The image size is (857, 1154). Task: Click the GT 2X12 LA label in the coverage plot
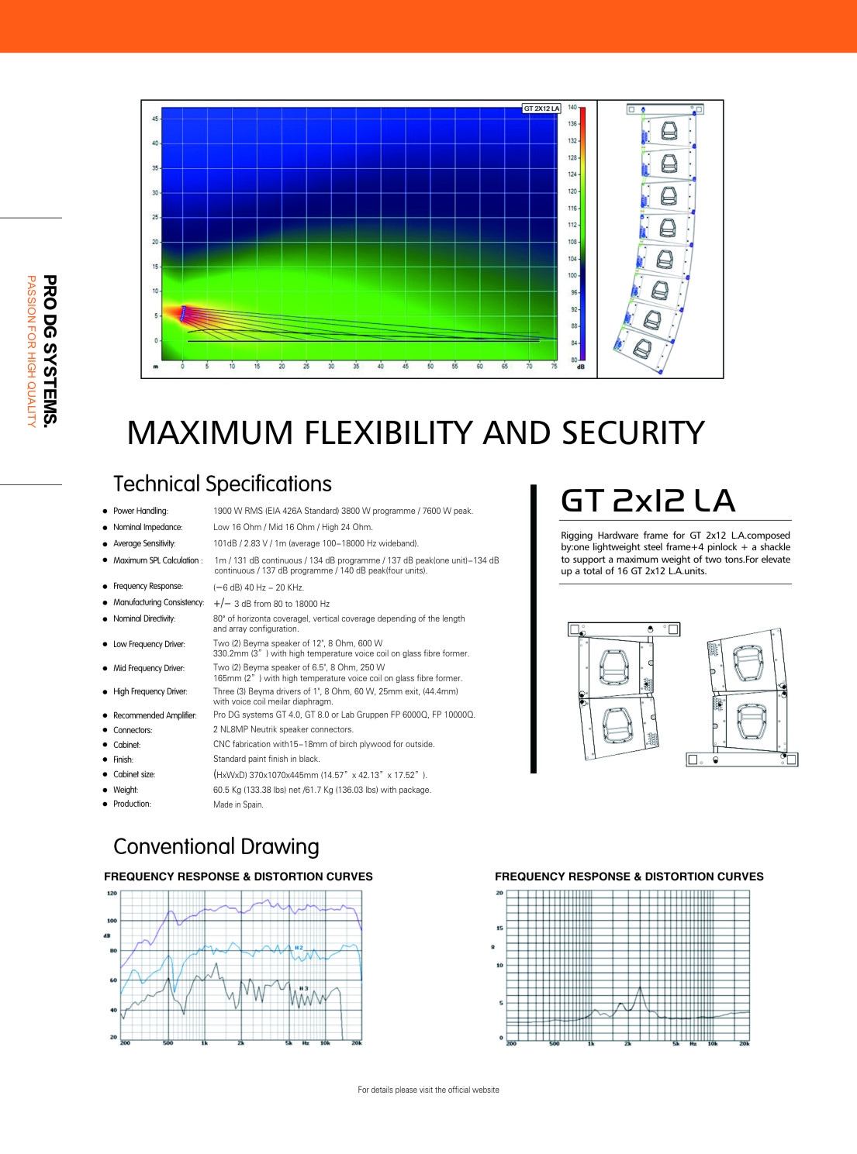[541, 109]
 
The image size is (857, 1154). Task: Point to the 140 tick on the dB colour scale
[572, 108]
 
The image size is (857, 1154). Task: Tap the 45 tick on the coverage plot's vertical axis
[155, 119]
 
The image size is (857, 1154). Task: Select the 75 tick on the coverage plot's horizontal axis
[554, 367]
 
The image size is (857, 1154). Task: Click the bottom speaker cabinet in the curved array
[642, 349]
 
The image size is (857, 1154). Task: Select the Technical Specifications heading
[222, 484]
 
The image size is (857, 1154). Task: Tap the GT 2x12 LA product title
[648, 501]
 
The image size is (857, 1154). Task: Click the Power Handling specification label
[140, 511]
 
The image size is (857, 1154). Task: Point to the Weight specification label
[126, 790]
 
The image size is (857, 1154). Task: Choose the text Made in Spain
[238, 804]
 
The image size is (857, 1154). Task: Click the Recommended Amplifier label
[154, 715]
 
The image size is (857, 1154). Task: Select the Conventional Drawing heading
[216, 847]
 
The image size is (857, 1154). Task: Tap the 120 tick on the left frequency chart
[112, 893]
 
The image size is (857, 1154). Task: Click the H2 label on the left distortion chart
[299, 947]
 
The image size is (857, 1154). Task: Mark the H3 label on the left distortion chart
[303, 988]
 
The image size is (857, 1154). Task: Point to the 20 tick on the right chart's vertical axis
[499, 893]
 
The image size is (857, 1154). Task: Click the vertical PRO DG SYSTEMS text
[50, 350]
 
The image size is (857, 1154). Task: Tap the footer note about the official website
[428, 1090]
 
